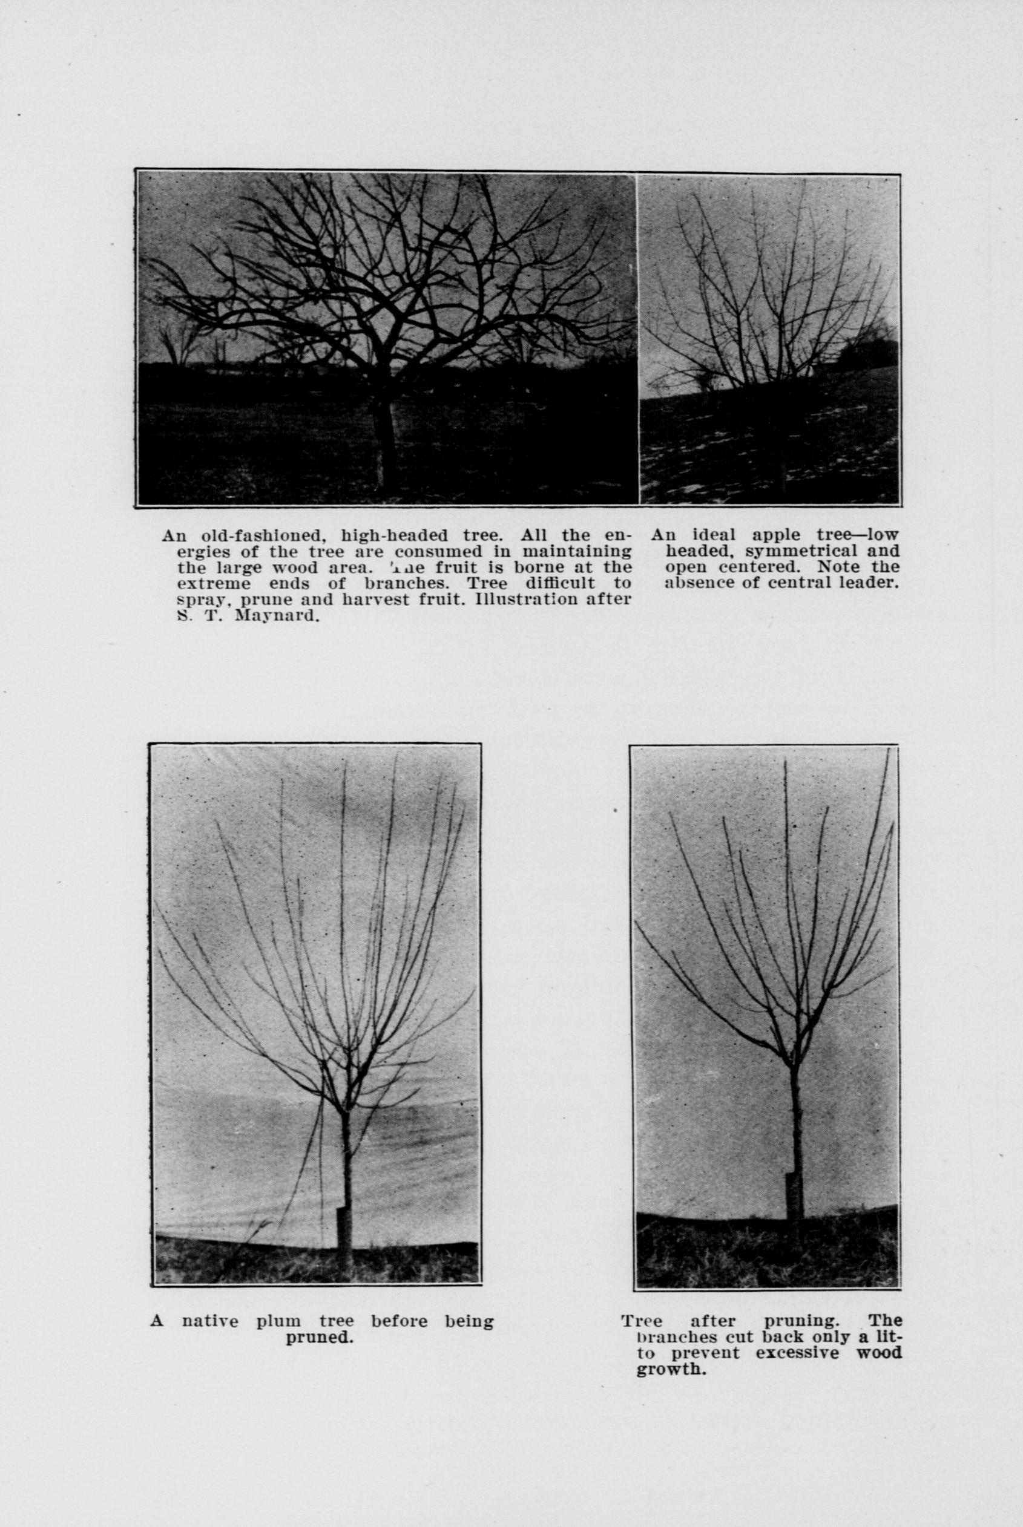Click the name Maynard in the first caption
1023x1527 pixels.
pyautogui.click(x=276, y=615)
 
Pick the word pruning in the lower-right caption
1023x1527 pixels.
pyautogui.click(x=800, y=1323)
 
